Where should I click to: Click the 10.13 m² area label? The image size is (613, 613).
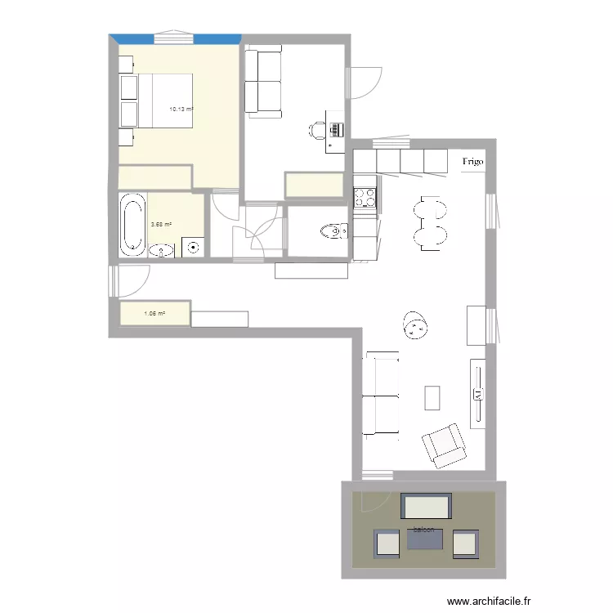coord(181,109)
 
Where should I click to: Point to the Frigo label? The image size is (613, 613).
coord(472,162)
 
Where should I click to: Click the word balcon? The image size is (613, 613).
coord(424,530)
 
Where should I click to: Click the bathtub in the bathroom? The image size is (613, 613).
coord(131,224)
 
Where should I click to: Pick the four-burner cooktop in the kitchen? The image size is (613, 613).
coord(365,197)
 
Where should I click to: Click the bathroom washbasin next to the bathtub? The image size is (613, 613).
coord(163,250)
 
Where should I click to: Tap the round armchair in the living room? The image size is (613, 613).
coord(416,326)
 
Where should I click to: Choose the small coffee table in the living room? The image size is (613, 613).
coord(432,397)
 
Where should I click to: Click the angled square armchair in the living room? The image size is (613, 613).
coord(442,445)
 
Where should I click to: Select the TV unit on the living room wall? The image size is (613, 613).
coord(478,392)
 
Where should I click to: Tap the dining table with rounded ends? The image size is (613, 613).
coord(431,222)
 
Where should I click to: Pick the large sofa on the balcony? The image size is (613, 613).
coord(426,507)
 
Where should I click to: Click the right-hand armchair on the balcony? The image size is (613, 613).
coord(465,544)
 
